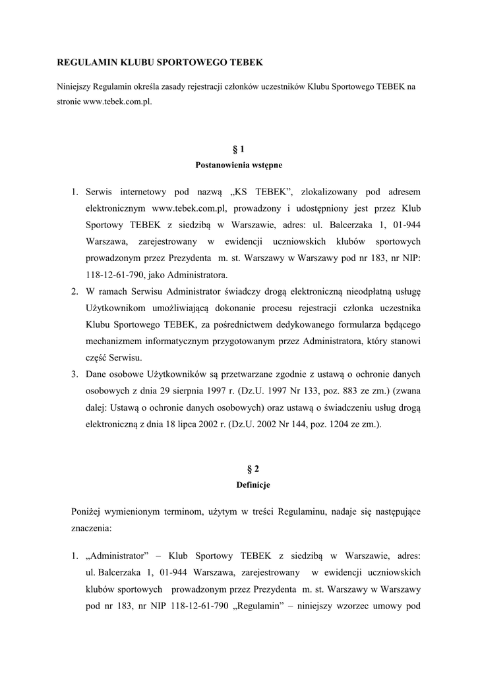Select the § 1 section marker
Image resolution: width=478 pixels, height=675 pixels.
(x=239, y=150)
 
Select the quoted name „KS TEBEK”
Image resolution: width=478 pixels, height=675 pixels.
(x=262, y=192)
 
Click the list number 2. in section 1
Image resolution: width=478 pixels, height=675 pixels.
(x=75, y=291)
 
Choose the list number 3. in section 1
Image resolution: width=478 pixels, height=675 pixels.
(x=75, y=374)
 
